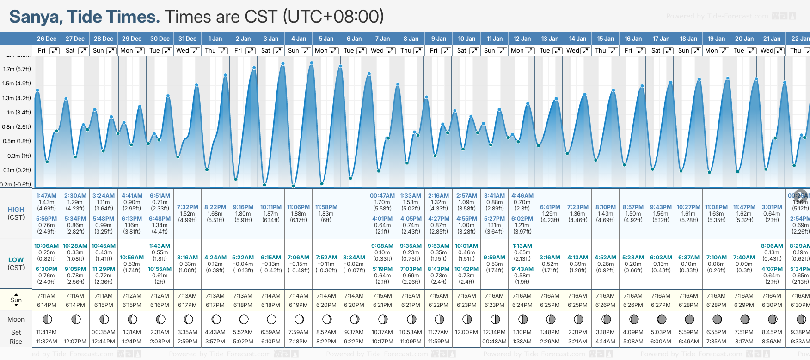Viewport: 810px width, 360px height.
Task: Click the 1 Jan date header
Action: (215, 39)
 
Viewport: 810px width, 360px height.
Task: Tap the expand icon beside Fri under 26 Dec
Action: (55, 51)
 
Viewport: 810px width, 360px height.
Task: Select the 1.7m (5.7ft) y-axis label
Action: (17, 69)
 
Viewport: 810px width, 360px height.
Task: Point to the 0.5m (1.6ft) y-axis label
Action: (17, 141)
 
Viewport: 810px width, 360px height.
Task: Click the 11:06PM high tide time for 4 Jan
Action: (298, 207)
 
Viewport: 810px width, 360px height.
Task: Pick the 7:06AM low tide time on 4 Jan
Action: (298, 258)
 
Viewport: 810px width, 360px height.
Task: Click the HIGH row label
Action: (16, 210)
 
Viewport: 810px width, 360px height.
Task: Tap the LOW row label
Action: (16, 260)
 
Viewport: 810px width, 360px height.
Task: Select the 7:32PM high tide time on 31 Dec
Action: (188, 207)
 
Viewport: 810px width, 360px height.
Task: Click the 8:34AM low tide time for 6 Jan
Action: (354, 258)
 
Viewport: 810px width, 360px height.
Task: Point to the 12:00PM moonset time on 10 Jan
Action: (466, 332)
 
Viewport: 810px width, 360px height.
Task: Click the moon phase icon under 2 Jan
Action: (244, 319)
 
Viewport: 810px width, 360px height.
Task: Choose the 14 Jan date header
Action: (577, 39)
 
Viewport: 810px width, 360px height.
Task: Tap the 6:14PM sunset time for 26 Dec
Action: (47, 305)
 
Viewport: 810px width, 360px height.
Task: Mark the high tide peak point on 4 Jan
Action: (312, 63)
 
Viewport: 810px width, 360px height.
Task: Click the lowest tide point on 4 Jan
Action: (293, 186)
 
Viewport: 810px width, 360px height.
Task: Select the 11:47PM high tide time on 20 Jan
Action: (744, 207)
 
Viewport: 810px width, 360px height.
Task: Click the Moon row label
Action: (16, 319)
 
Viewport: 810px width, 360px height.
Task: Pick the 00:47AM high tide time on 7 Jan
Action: (382, 196)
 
